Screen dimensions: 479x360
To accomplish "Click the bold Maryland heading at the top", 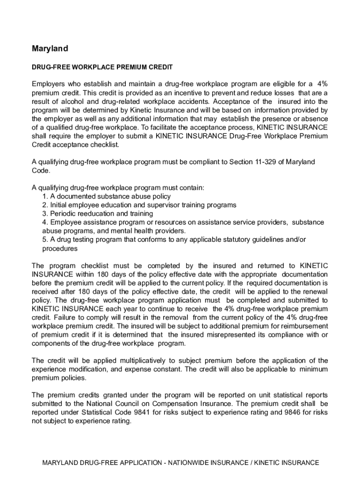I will click(x=50, y=49).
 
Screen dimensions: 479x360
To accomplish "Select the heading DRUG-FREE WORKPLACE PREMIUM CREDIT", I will click(x=102, y=67).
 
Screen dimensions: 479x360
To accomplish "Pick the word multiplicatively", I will click(x=145, y=361).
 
